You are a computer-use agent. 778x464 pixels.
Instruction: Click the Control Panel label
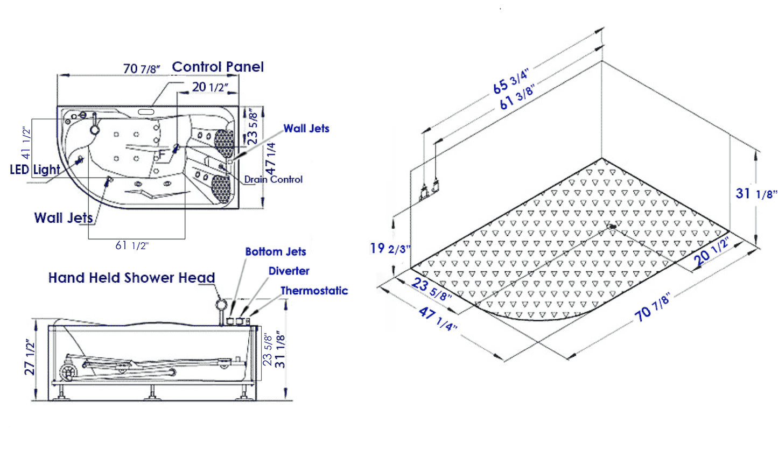click(x=218, y=67)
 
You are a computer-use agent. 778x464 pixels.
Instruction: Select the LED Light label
click(x=35, y=170)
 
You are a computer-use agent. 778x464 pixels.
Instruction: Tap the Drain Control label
click(x=274, y=180)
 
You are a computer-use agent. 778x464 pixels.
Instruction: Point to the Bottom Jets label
click(x=275, y=252)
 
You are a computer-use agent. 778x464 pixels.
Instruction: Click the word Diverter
click(x=289, y=271)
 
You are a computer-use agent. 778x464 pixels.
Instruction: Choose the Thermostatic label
click(x=314, y=291)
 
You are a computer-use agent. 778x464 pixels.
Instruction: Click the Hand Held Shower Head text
click(x=131, y=278)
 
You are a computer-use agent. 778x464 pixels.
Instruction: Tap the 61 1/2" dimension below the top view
click(x=131, y=246)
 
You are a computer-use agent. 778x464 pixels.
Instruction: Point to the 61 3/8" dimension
click(x=516, y=97)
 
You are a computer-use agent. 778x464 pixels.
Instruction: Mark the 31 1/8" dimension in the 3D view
click(x=756, y=193)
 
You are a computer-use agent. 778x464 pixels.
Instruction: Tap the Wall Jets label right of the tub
click(x=306, y=129)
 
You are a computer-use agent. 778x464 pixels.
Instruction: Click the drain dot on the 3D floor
click(x=612, y=227)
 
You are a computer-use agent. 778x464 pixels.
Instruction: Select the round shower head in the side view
click(x=221, y=305)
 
